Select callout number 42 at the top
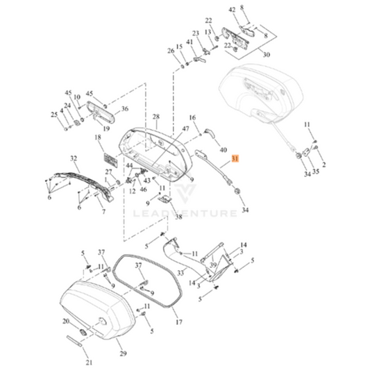click(232, 10)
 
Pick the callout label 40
click(223, 149)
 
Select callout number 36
click(124, 108)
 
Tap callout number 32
click(74, 159)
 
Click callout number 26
click(171, 50)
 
